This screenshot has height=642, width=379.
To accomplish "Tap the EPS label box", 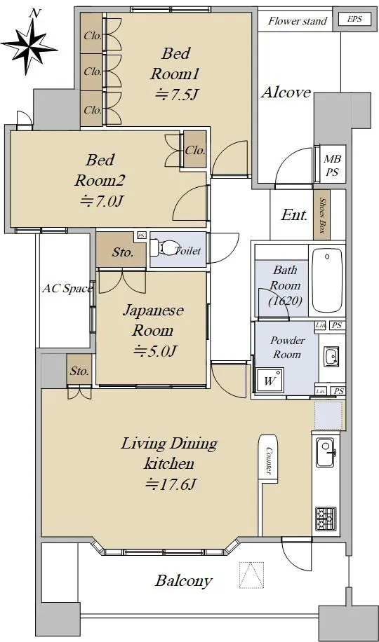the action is coord(355,19).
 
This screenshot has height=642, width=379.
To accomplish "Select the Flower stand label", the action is coord(298,21).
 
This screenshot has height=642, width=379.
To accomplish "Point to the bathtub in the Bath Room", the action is coord(327,281).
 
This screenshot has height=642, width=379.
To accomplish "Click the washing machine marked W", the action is coord(270,381).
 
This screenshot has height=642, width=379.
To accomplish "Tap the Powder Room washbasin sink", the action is coord(331,356).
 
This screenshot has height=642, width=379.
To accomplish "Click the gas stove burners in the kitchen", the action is coord(326,519).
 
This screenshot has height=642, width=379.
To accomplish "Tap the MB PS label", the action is coord(333,165).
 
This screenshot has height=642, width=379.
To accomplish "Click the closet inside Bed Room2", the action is coord(195,149).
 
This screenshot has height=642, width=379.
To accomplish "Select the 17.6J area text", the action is coord(169,485).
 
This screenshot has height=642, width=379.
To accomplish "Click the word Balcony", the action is coord(183,580).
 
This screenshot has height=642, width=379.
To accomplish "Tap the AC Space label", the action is coord(67,289).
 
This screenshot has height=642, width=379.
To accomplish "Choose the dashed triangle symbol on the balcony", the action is coord(251,575).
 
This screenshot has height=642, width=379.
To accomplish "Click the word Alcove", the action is coord(286,93).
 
